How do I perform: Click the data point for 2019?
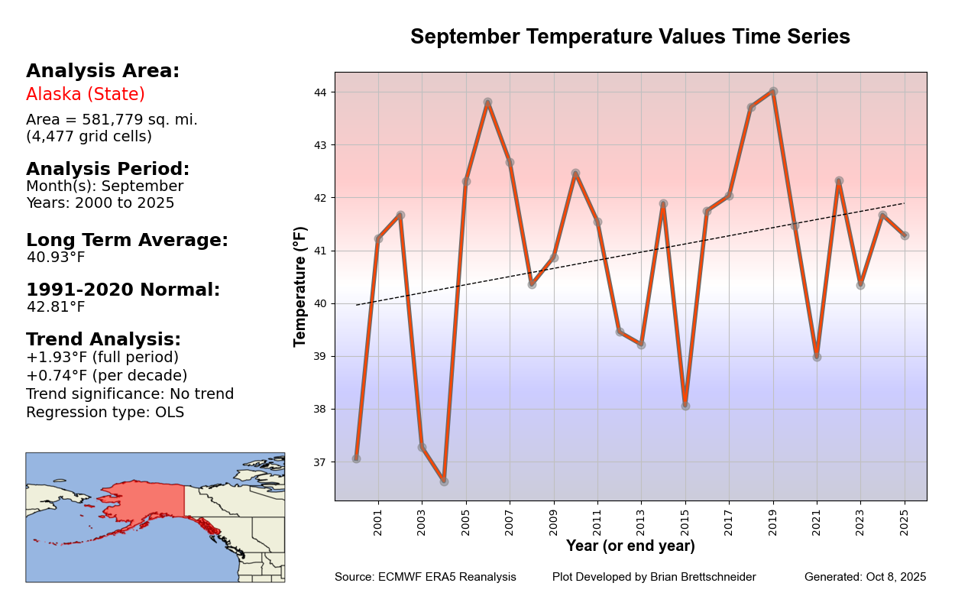point(773,92)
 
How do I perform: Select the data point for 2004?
point(444,481)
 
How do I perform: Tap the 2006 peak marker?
point(487,102)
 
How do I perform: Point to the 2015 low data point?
point(685,406)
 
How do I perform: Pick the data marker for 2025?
point(905,235)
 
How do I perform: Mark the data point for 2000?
point(356,458)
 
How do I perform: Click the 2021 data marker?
point(817,357)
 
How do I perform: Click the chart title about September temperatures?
point(630,37)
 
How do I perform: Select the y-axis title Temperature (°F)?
point(301,287)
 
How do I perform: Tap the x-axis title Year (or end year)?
point(630,546)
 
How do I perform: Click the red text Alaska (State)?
point(86,95)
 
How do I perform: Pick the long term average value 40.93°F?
point(56,258)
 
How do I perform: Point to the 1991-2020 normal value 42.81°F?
point(56,307)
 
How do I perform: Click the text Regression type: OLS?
point(105,413)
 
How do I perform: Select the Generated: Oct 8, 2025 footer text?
point(865,577)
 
